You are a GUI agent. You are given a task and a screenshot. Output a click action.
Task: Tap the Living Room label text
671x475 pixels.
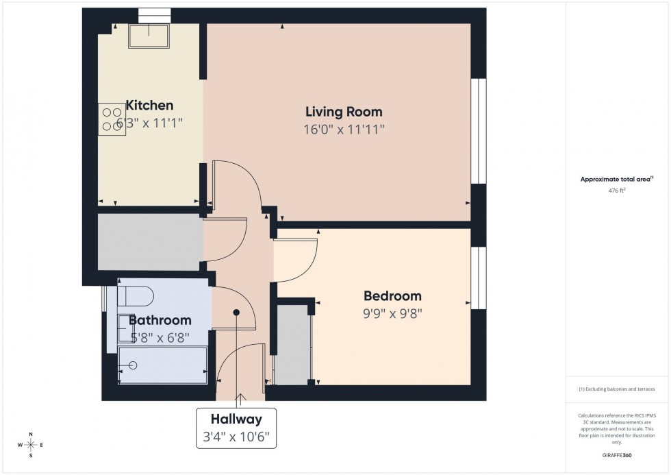click(344, 112)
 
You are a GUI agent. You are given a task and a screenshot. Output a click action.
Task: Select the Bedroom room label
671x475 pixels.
click(392, 296)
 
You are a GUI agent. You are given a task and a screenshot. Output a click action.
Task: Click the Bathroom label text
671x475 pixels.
click(160, 320)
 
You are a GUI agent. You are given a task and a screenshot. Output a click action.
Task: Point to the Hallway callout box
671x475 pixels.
click(237, 427)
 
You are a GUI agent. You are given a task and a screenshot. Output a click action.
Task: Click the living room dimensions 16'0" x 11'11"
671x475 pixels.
click(344, 130)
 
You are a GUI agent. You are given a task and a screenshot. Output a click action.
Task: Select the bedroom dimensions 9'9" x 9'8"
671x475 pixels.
click(392, 314)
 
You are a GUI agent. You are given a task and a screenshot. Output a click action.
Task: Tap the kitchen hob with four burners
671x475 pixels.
click(111, 119)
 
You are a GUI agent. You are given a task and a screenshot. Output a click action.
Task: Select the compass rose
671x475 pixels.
click(31, 445)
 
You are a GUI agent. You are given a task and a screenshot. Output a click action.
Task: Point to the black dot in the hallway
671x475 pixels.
click(236, 312)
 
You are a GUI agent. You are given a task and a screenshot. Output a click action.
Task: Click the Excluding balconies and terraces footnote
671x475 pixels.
click(617, 389)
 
